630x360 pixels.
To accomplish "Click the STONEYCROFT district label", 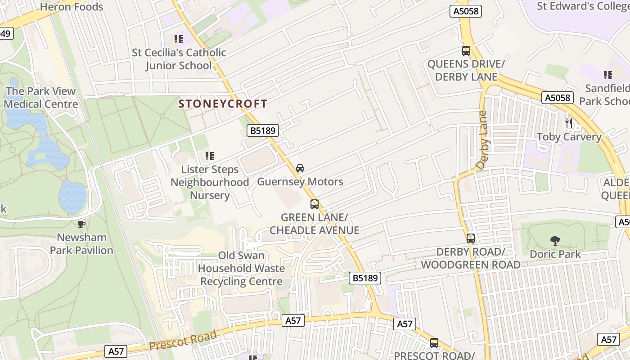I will click(x=223, y=104).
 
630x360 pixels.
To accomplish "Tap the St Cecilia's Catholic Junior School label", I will click(x=179, y=59).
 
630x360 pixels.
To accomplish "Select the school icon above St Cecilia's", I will click(x=179, y=39).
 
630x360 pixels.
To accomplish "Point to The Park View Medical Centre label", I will click(x=41, y=98).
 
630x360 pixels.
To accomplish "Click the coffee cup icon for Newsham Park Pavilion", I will click(x=81, y=224).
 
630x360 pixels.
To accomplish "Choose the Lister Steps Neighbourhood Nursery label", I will click(x=210, y=182).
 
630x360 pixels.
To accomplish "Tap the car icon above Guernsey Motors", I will click(x=300, y=168).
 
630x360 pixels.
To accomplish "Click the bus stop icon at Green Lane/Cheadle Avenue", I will click(x=315, y=204).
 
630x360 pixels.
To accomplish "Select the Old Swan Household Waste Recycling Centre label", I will click(x=242, y=269).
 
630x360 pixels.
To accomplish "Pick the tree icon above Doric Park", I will click(x=555, y=241).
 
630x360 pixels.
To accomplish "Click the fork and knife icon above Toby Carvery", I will click(x=569, y=123).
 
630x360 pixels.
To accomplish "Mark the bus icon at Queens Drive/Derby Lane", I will click(x=466, y=51).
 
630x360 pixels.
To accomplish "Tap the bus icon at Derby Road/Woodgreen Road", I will click(x=471, y=238).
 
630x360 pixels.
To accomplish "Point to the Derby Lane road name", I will click(x=482, y=140).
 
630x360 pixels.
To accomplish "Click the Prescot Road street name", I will click(x=183, y=340).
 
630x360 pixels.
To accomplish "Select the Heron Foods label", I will click(x=72, y=7).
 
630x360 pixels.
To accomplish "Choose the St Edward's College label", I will click(x=583, y=6).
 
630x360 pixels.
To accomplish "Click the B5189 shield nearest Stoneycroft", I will click(x=263, y=131).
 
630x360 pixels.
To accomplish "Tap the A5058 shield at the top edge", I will click(x=466, y=11).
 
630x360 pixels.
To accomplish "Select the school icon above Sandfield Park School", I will click(x=608, y=75).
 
